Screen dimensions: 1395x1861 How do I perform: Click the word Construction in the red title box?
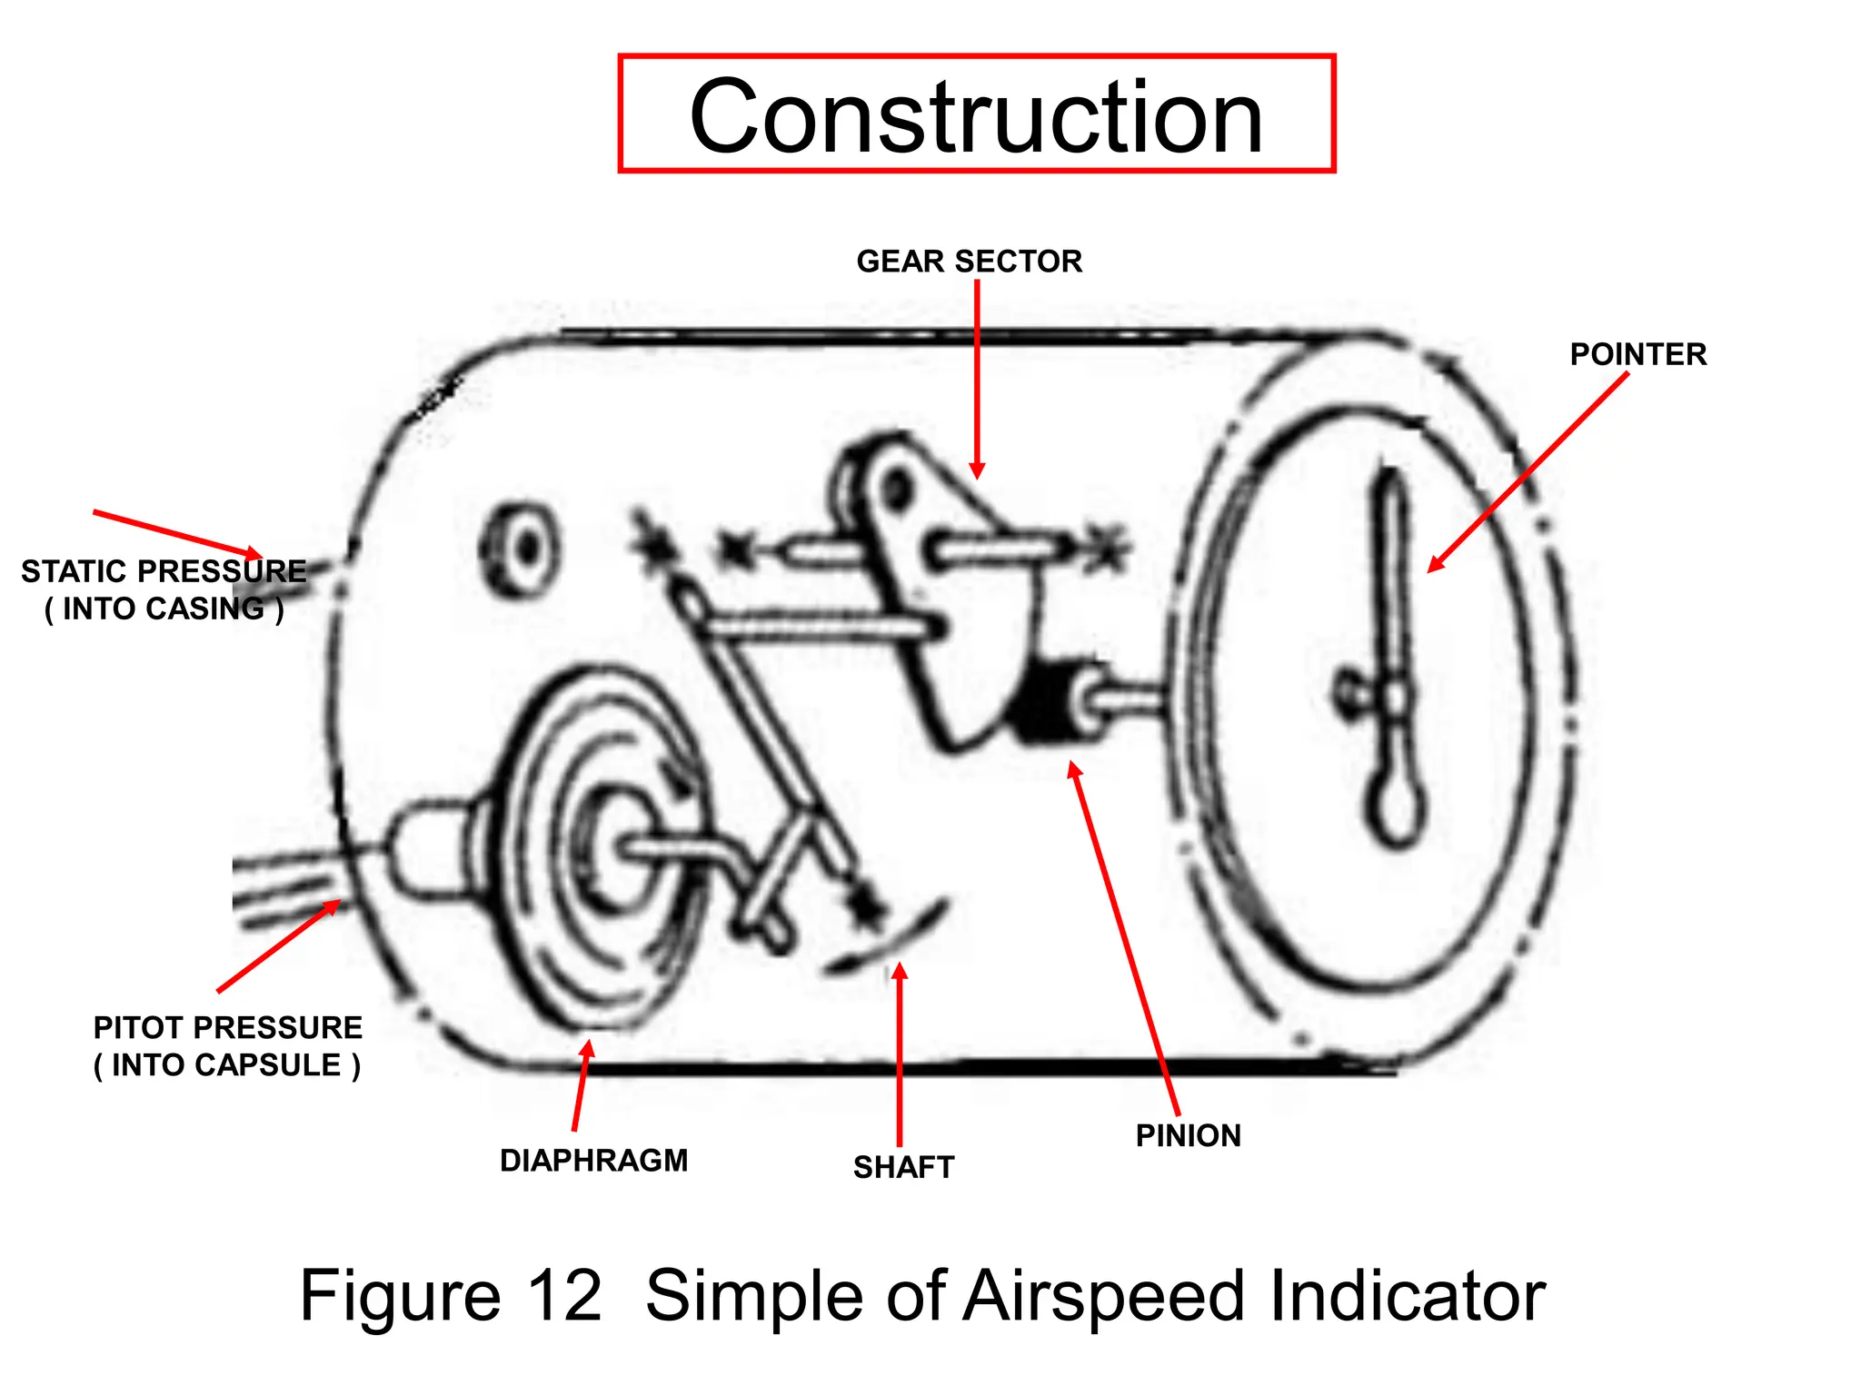point(976,116)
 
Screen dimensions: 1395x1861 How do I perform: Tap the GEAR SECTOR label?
point(969,262)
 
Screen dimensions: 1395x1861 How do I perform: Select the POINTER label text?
point(1637,354)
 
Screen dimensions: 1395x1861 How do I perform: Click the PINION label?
point(1188,1135)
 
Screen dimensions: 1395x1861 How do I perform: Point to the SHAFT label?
point(903,1167)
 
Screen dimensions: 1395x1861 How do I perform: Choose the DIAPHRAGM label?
point(593,1161)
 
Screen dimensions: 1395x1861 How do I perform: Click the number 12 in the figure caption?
point(564,1295)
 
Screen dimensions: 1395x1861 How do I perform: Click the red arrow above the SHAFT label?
point(900,1054)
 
